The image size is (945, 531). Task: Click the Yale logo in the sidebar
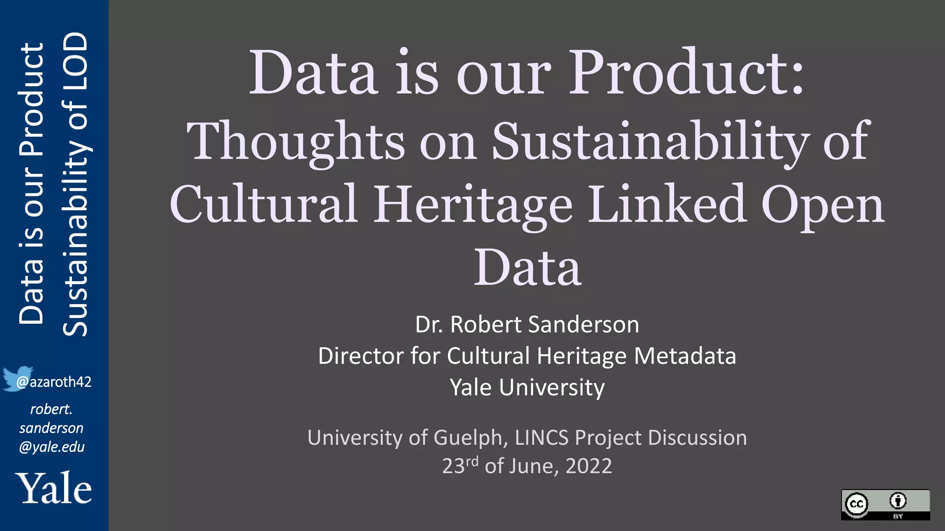point(54,488)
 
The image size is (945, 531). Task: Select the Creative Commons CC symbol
point(856,504)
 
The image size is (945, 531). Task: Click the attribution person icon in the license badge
point(897,501)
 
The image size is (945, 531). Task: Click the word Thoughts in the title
point(295,141)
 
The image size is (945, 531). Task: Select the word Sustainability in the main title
point(651,141)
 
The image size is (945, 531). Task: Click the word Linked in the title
point(667,204)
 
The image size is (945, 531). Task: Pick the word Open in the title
point(822,204)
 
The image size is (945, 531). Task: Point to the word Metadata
point(685,356)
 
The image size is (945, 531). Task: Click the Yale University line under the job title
point(527,388)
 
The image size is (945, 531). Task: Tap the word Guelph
point(471,438)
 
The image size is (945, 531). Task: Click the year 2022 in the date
point(589,466)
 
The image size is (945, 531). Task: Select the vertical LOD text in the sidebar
point(75,54)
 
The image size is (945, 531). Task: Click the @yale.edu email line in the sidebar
point(52,447)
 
